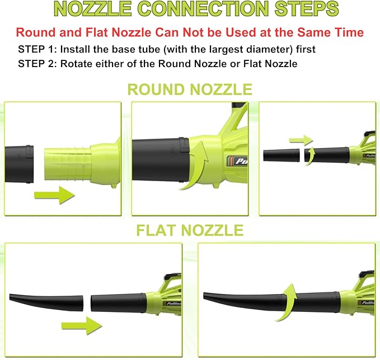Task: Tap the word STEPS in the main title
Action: (303, 10)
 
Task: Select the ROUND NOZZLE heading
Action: (190, 89)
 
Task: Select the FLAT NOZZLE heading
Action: (190, 230)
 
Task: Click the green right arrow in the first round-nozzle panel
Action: (54, 195)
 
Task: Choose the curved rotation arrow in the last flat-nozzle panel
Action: (288, 302)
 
